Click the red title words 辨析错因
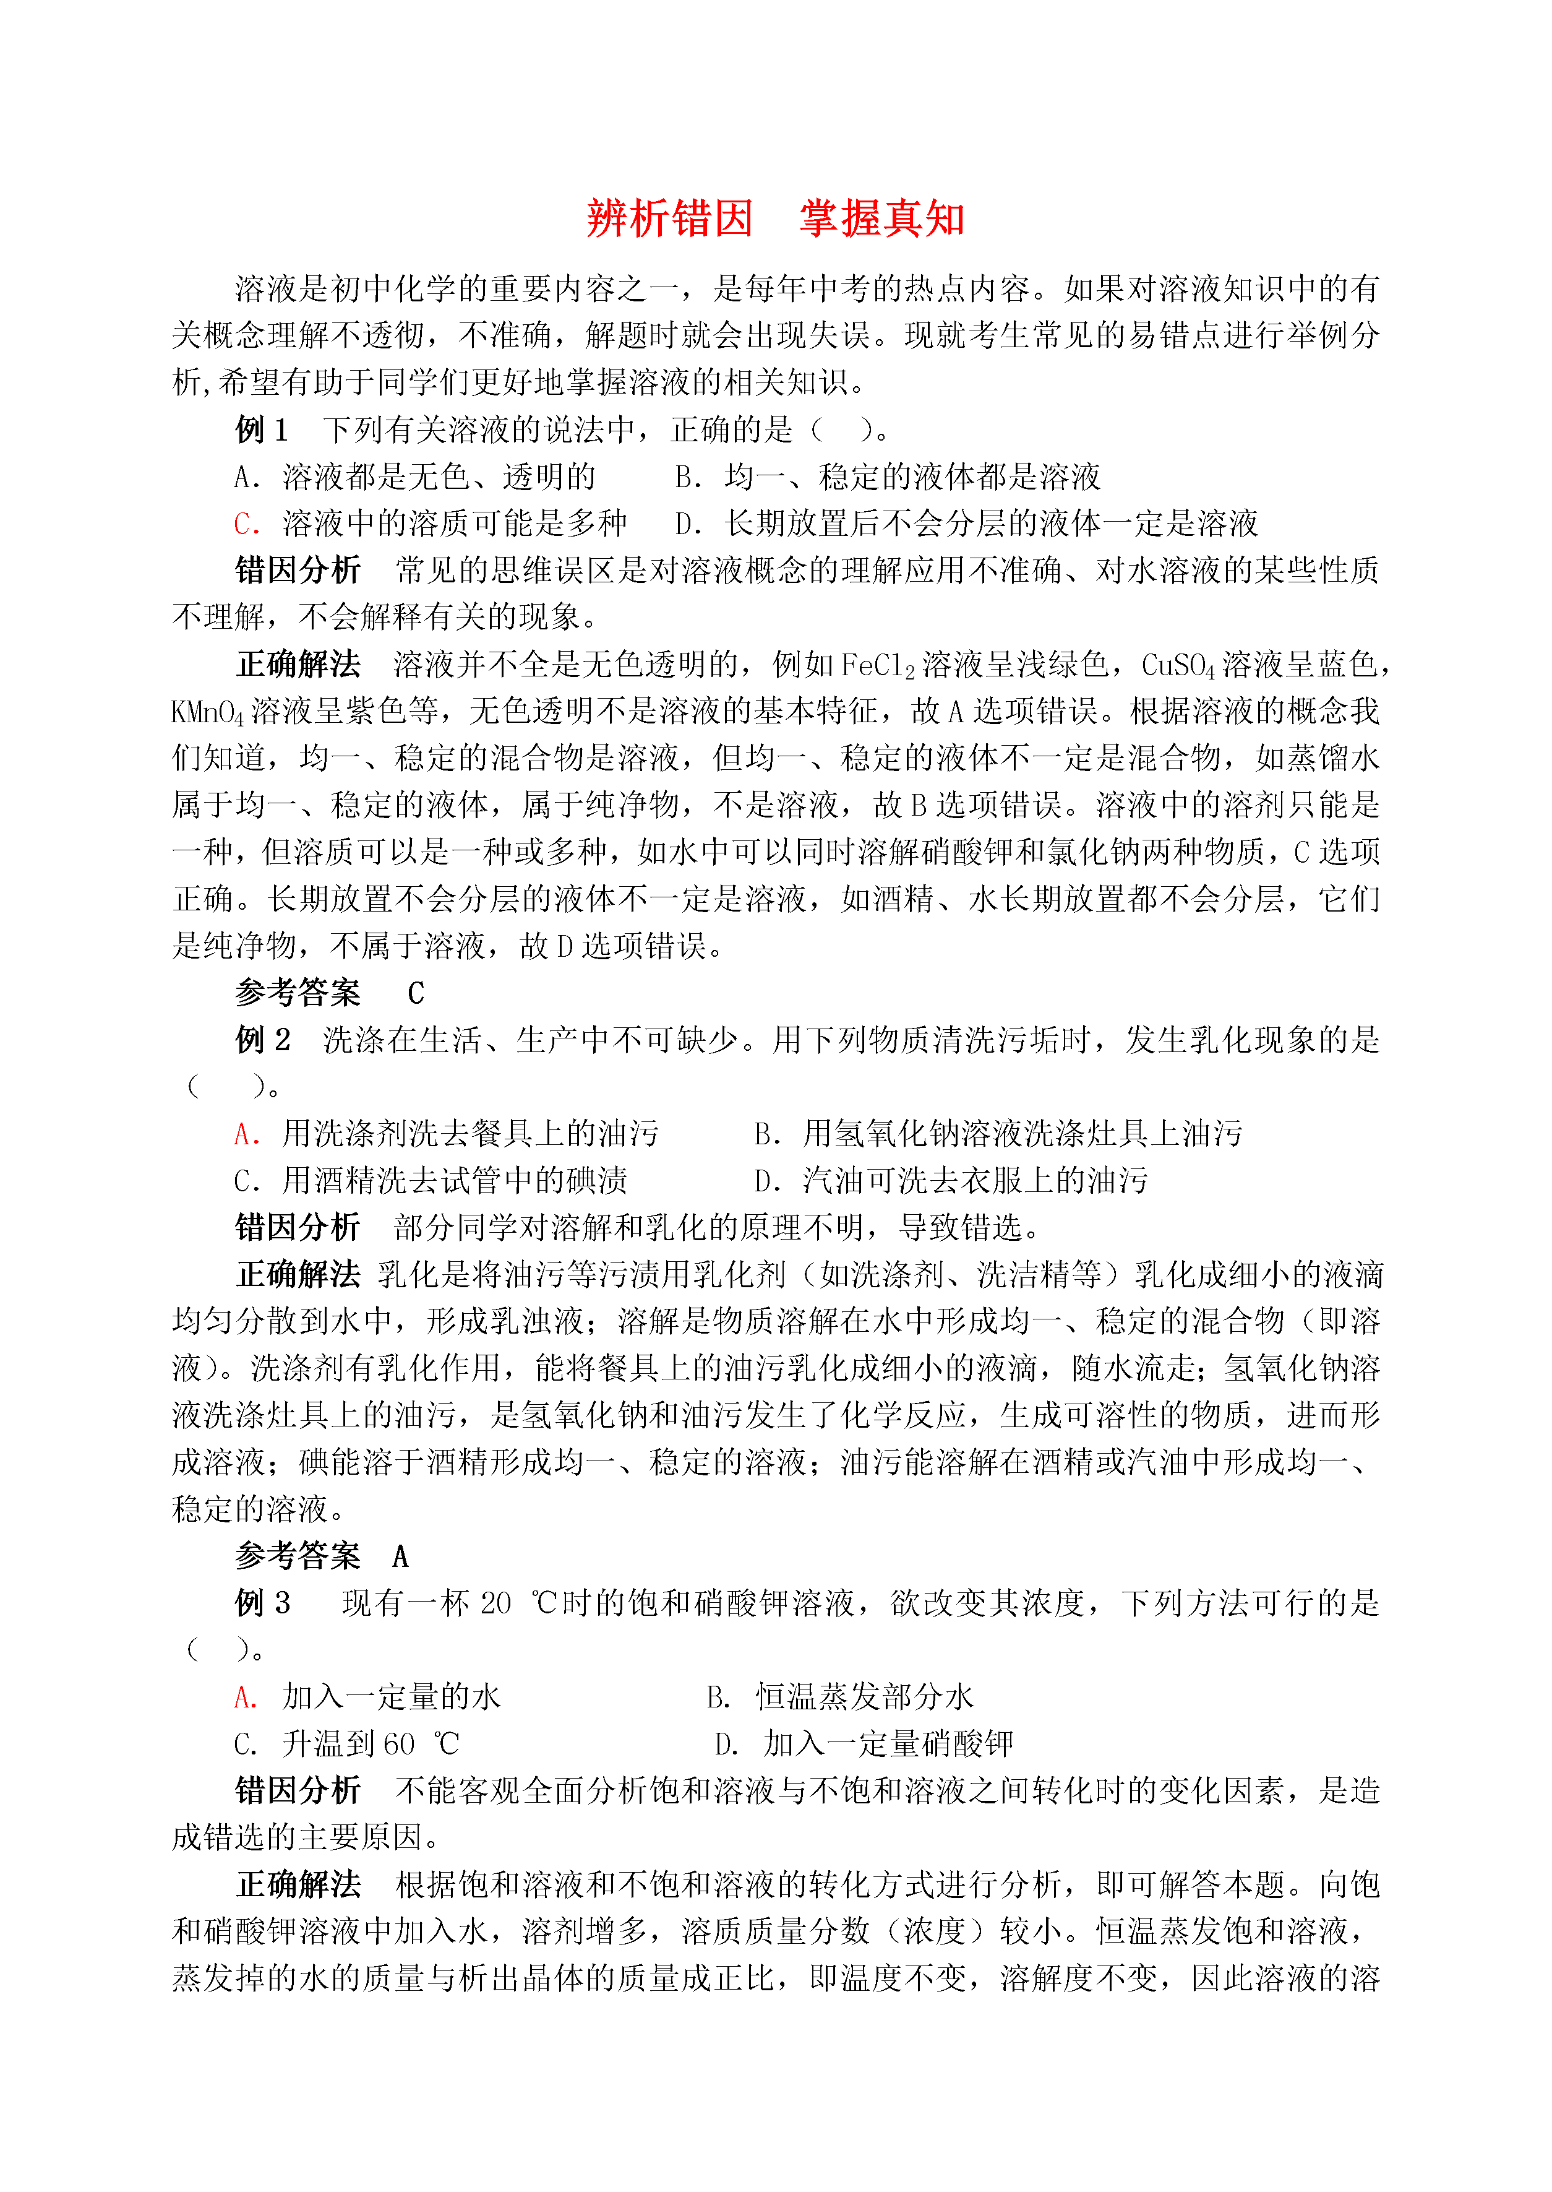coord(669,218)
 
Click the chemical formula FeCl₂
coord(877,665)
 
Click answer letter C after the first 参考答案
coord(416,993)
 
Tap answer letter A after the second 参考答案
coord(400,1556)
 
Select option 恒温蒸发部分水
coord(864,1697)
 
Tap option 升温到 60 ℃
coord(371,1744)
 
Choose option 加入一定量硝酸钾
coord(888,1744)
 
